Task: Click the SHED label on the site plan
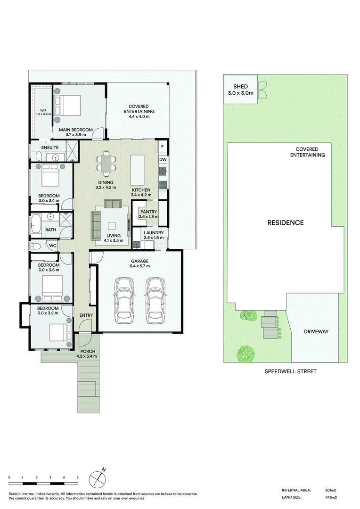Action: coord(240,87)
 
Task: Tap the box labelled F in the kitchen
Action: coord(163,147)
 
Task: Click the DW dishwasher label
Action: coord(163,160)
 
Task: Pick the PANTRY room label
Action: coord(148,212)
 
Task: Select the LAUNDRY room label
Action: coord(154,233)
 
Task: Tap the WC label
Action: coord(52,246)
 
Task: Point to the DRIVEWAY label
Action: coord(316,331)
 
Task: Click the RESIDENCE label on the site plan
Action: coord(286,222)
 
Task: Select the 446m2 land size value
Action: coord(331,497)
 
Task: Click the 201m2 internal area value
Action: coord(331,490)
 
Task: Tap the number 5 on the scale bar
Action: coord(77,478)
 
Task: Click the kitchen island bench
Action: coord(137,170)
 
